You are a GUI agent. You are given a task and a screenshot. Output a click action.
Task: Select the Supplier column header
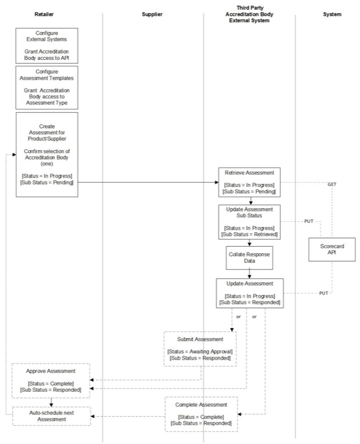(152, 15)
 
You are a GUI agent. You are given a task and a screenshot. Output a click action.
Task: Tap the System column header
(332, 15)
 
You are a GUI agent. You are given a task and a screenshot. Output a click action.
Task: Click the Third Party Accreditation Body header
(249, 15)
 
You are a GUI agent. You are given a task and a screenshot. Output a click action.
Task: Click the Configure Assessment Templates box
(47, 87)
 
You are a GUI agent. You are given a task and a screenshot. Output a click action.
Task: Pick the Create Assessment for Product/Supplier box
(47, 155)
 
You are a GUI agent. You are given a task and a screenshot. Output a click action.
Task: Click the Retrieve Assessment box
(249, 182)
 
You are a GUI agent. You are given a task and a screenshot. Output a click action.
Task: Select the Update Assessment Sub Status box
(249, 221)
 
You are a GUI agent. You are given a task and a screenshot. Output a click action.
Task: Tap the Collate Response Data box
(249, 258)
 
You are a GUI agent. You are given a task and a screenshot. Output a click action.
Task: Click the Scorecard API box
(332, 249)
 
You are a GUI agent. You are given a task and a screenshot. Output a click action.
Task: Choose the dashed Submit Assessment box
(200, 348)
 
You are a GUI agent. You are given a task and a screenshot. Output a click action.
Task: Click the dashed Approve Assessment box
(51, 380)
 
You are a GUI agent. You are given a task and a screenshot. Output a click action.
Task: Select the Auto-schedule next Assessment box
(51, 415)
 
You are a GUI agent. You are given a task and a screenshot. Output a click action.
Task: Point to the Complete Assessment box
(200, 413)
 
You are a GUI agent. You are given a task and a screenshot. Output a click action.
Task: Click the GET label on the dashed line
(332, 184)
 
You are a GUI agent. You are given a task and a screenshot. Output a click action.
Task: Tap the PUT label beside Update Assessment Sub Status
(308, 222)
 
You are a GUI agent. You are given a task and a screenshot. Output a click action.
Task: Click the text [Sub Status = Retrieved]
(249, 235)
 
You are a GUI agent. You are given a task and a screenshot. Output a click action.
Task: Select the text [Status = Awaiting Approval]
(200, 351)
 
